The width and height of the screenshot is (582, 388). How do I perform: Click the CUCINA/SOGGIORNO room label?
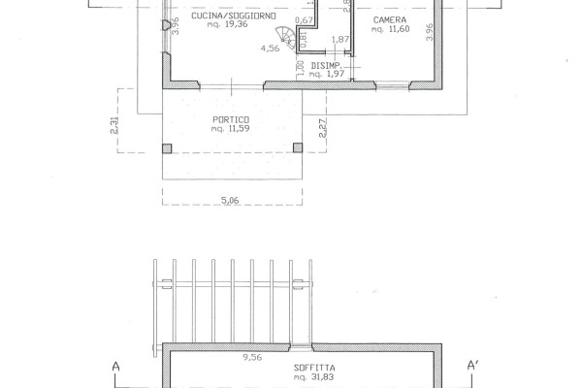pyautogui.click(x=234, y=16)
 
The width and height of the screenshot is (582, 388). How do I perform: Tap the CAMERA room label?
pyautogui.click(x=390, y=20)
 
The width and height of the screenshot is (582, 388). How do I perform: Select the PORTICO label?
pyautogui.click(x=231, y=119)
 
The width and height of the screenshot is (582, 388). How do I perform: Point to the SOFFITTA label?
pyautogui.click(x=314, y=368)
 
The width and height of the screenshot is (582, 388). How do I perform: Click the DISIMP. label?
pyautogui.click(x=326, y=66)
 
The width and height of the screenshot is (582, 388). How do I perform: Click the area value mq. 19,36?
pyautogui.click(x=228, y=24)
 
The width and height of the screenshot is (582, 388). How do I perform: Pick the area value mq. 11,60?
pyautogui.click(x=391, y=29)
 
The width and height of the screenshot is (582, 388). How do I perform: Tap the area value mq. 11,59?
pyautogui.click(x=230, y=128)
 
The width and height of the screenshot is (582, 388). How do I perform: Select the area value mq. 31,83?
pyautogui.click(x=314, y=377)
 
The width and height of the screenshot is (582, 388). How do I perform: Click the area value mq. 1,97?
pyautogui.click(x=327, y=75)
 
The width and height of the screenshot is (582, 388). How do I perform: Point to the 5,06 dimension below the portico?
pyautogui.click(x=230, y=201)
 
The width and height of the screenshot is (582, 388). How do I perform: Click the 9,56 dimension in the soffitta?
pyautogui.click(x=252, y=357)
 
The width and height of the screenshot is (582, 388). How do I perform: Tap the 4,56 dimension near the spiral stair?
pyautogui.click(x=271, y=48)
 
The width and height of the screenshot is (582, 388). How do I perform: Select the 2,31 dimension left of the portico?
pyautogui.click(x=114, y=125)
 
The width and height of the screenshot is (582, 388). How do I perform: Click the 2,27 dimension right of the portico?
pyautogui.click(x=323, y=128)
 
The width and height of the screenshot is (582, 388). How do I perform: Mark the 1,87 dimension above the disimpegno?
pyautogui.click(x=340, y=40)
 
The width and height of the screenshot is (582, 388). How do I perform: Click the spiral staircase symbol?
pyautogui.click(x=286, y=38)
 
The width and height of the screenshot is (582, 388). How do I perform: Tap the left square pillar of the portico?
pyautogui.click(x=167, y=148)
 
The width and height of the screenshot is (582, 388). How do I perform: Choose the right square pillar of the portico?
pyautogui.click(x=298, y=147)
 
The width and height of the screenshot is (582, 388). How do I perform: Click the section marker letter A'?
pyautogui.click(x=472, y=366)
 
